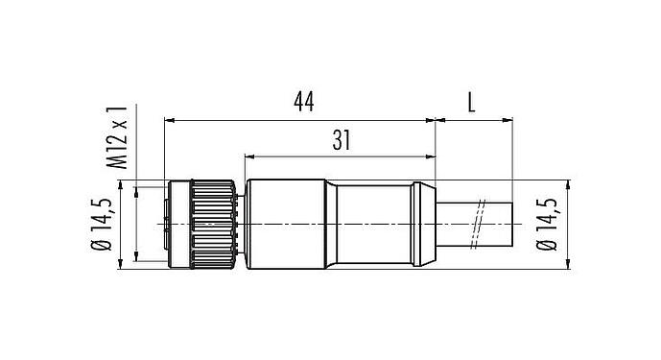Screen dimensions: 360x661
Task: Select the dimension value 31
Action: click(x=340, y=140)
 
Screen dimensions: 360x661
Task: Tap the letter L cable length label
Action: click(x=472, y=101)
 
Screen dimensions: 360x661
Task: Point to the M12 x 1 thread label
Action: click(x=119, y=134)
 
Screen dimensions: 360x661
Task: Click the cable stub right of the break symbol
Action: click(x=499, y=222)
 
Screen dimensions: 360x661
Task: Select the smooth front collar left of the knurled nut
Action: click(x=178, y=222)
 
